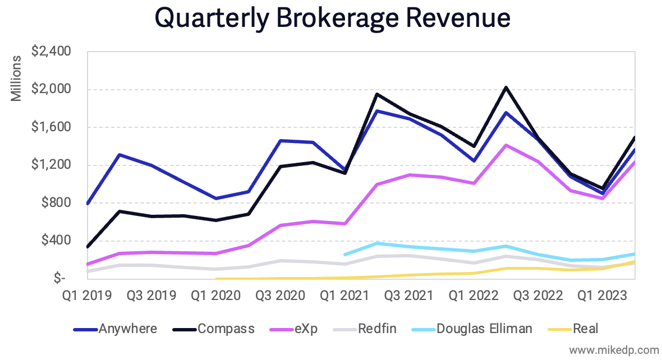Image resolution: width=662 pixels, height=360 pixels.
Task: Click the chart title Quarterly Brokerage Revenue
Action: click(x=332, y=18)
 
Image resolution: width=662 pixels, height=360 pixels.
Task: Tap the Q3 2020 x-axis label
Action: click(x=281, y=295)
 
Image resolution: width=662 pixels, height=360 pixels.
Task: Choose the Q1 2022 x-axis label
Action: click(x=475, y=295)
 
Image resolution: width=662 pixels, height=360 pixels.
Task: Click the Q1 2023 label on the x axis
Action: click(x=603, y=295)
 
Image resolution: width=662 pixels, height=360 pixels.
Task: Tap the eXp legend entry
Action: click(x=305, y=329)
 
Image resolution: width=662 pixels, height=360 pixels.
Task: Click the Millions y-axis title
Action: click(x=17, y=78)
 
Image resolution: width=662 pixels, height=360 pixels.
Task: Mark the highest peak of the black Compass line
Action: click(x=507, y=87)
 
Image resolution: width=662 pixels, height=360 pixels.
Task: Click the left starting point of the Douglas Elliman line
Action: click(x=345, y=254)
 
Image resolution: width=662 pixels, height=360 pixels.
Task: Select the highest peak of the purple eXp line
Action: click(x=507, y=145)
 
